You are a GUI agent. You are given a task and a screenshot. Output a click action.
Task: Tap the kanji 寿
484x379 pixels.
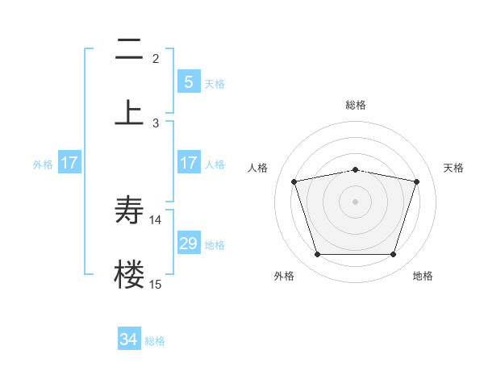point(129,210)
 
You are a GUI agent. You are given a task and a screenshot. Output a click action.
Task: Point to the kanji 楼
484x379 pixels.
point(129,273)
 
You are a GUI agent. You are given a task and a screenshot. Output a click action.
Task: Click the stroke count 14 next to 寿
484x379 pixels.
point(156,220)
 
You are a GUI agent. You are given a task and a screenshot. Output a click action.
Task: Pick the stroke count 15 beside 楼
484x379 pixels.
point(156,284)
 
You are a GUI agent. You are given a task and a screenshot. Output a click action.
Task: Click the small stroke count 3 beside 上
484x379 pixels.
point(156,123)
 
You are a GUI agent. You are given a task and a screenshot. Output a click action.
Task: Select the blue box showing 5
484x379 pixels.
point(188,81)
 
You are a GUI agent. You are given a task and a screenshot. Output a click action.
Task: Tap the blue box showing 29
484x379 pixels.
point(188,244)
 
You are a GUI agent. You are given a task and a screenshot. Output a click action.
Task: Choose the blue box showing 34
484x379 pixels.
point(129,340)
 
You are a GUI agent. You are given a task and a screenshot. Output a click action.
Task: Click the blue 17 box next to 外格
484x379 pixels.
point(69,163)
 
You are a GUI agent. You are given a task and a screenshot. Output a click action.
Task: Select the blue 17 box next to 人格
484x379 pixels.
point(188,163)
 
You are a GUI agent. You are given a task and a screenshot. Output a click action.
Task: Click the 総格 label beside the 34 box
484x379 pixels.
point(155,341)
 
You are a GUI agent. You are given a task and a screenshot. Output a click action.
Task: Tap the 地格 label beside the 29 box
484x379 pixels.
point(215,244)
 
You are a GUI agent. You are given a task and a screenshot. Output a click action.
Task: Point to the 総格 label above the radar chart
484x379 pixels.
point(355,105)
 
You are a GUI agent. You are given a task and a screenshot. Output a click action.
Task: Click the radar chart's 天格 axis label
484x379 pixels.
point(453,168)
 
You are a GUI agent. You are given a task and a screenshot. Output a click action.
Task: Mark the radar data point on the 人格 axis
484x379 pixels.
point(294,182)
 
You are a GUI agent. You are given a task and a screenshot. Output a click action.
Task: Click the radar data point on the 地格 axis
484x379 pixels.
point(393,255)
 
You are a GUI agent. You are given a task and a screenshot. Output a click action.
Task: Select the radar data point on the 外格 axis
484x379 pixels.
point(317,255)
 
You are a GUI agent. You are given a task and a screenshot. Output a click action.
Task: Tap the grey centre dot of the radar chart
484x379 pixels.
point(355,202)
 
